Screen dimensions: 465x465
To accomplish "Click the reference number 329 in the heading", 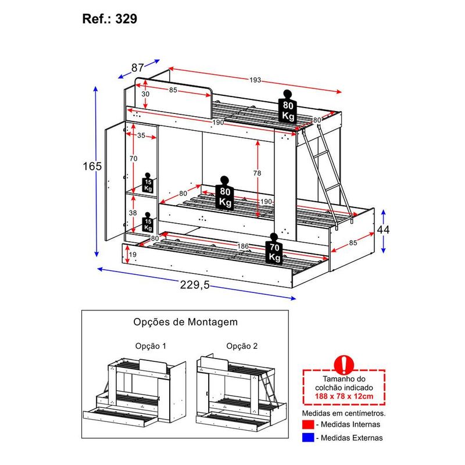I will click(x=127, y=19).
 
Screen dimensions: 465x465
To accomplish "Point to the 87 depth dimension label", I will click(x=137, y=68).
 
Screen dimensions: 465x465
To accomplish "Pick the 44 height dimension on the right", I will click(x=382, y=230).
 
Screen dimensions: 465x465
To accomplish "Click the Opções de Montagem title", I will click(x=185, y=321).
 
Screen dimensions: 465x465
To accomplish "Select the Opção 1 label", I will click(x=150, y=346).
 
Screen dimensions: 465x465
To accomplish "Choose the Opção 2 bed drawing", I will click(x=238, y=389).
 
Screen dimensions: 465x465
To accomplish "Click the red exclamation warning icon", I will click(x=345, y=364).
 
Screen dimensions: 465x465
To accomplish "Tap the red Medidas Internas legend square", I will click(x=308, y=425).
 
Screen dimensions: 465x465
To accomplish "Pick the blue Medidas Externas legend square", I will click(x=308, y=438).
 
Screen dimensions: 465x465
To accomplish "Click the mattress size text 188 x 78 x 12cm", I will click(x=345, y=396).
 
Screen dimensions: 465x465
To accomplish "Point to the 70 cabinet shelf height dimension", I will click(x=133, y=158).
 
